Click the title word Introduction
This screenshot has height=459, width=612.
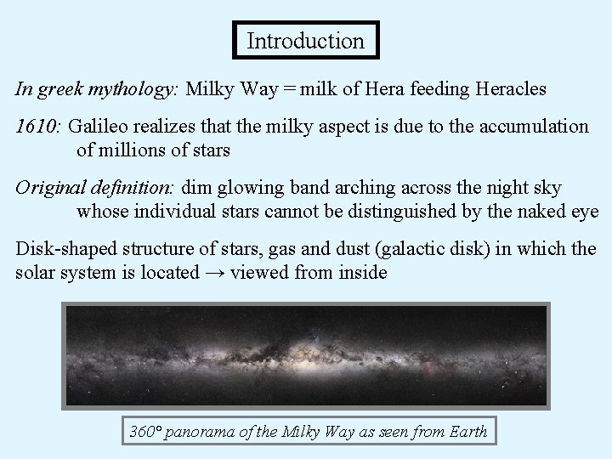click(305, 40)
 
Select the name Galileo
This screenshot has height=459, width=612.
click(99, 127)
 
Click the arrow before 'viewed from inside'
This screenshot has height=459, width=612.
click(215, 274)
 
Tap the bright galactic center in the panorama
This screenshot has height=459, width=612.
click(303, 356)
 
